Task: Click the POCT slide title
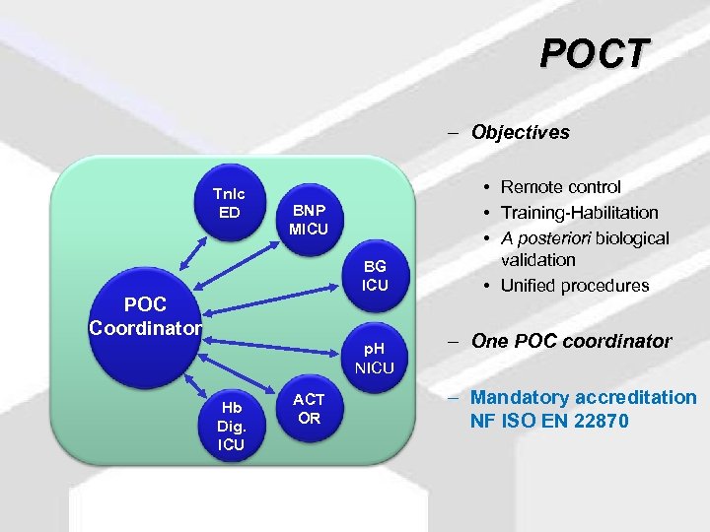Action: click(x=595, y=53)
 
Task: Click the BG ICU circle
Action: click(x=375, y=276)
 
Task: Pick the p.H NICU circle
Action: click(x=375, y=357)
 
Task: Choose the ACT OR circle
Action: click(x=309, y=408)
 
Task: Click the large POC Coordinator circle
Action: click(x=145, y=315)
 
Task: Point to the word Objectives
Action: click(x=520, y=132)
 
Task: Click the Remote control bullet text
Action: click(x=560, y=187)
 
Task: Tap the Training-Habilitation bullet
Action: click(x=579, y=212)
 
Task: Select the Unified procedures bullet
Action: click(x=575, y=286)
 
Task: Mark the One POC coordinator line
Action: click(x=571, y=342)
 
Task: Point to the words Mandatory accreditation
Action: click(x=583, y=397)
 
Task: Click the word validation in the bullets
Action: click(x=537, y=261)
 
